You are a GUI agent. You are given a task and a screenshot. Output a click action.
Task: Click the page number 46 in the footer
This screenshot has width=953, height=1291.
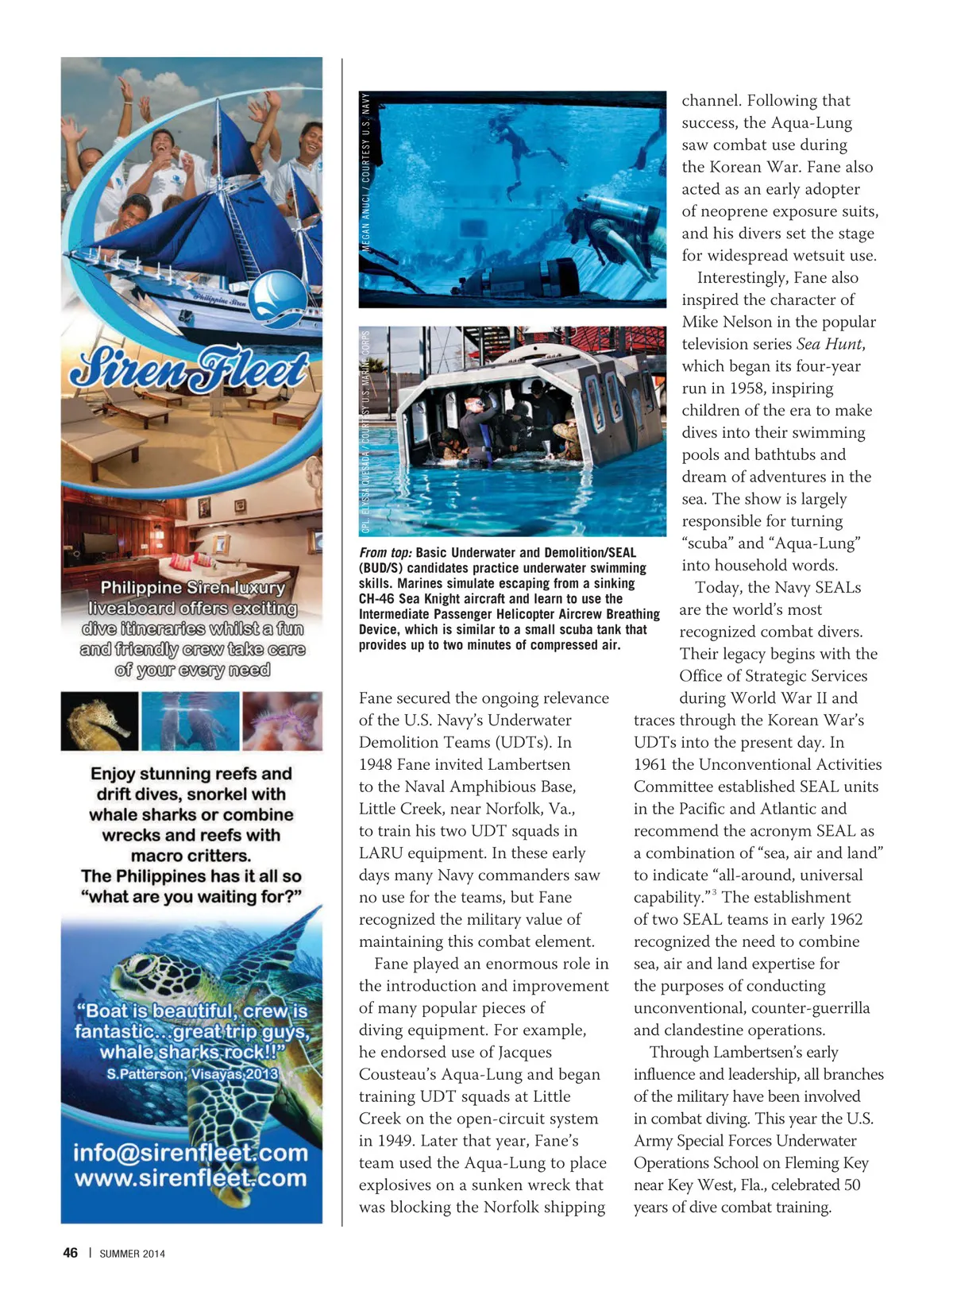click(71, 1253)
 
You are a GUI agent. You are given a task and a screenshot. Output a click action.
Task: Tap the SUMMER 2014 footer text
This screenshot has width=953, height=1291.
click(132, 1254)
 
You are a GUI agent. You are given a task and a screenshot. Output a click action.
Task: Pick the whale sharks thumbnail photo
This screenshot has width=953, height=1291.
click(190, 721)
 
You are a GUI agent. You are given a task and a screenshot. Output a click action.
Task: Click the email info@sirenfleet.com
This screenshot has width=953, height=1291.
click(191, 1152)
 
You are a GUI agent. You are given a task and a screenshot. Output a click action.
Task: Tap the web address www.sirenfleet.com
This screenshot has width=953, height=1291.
click(191, 1177)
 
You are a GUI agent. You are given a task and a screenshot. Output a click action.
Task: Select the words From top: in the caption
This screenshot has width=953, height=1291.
click(385, 553)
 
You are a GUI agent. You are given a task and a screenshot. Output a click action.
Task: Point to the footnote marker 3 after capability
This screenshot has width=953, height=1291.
click(714, 893)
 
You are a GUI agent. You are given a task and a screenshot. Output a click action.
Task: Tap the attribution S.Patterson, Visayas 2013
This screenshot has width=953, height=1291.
click(192, 1074)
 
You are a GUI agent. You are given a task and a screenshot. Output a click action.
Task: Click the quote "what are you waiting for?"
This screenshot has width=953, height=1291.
click(191, 897)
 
